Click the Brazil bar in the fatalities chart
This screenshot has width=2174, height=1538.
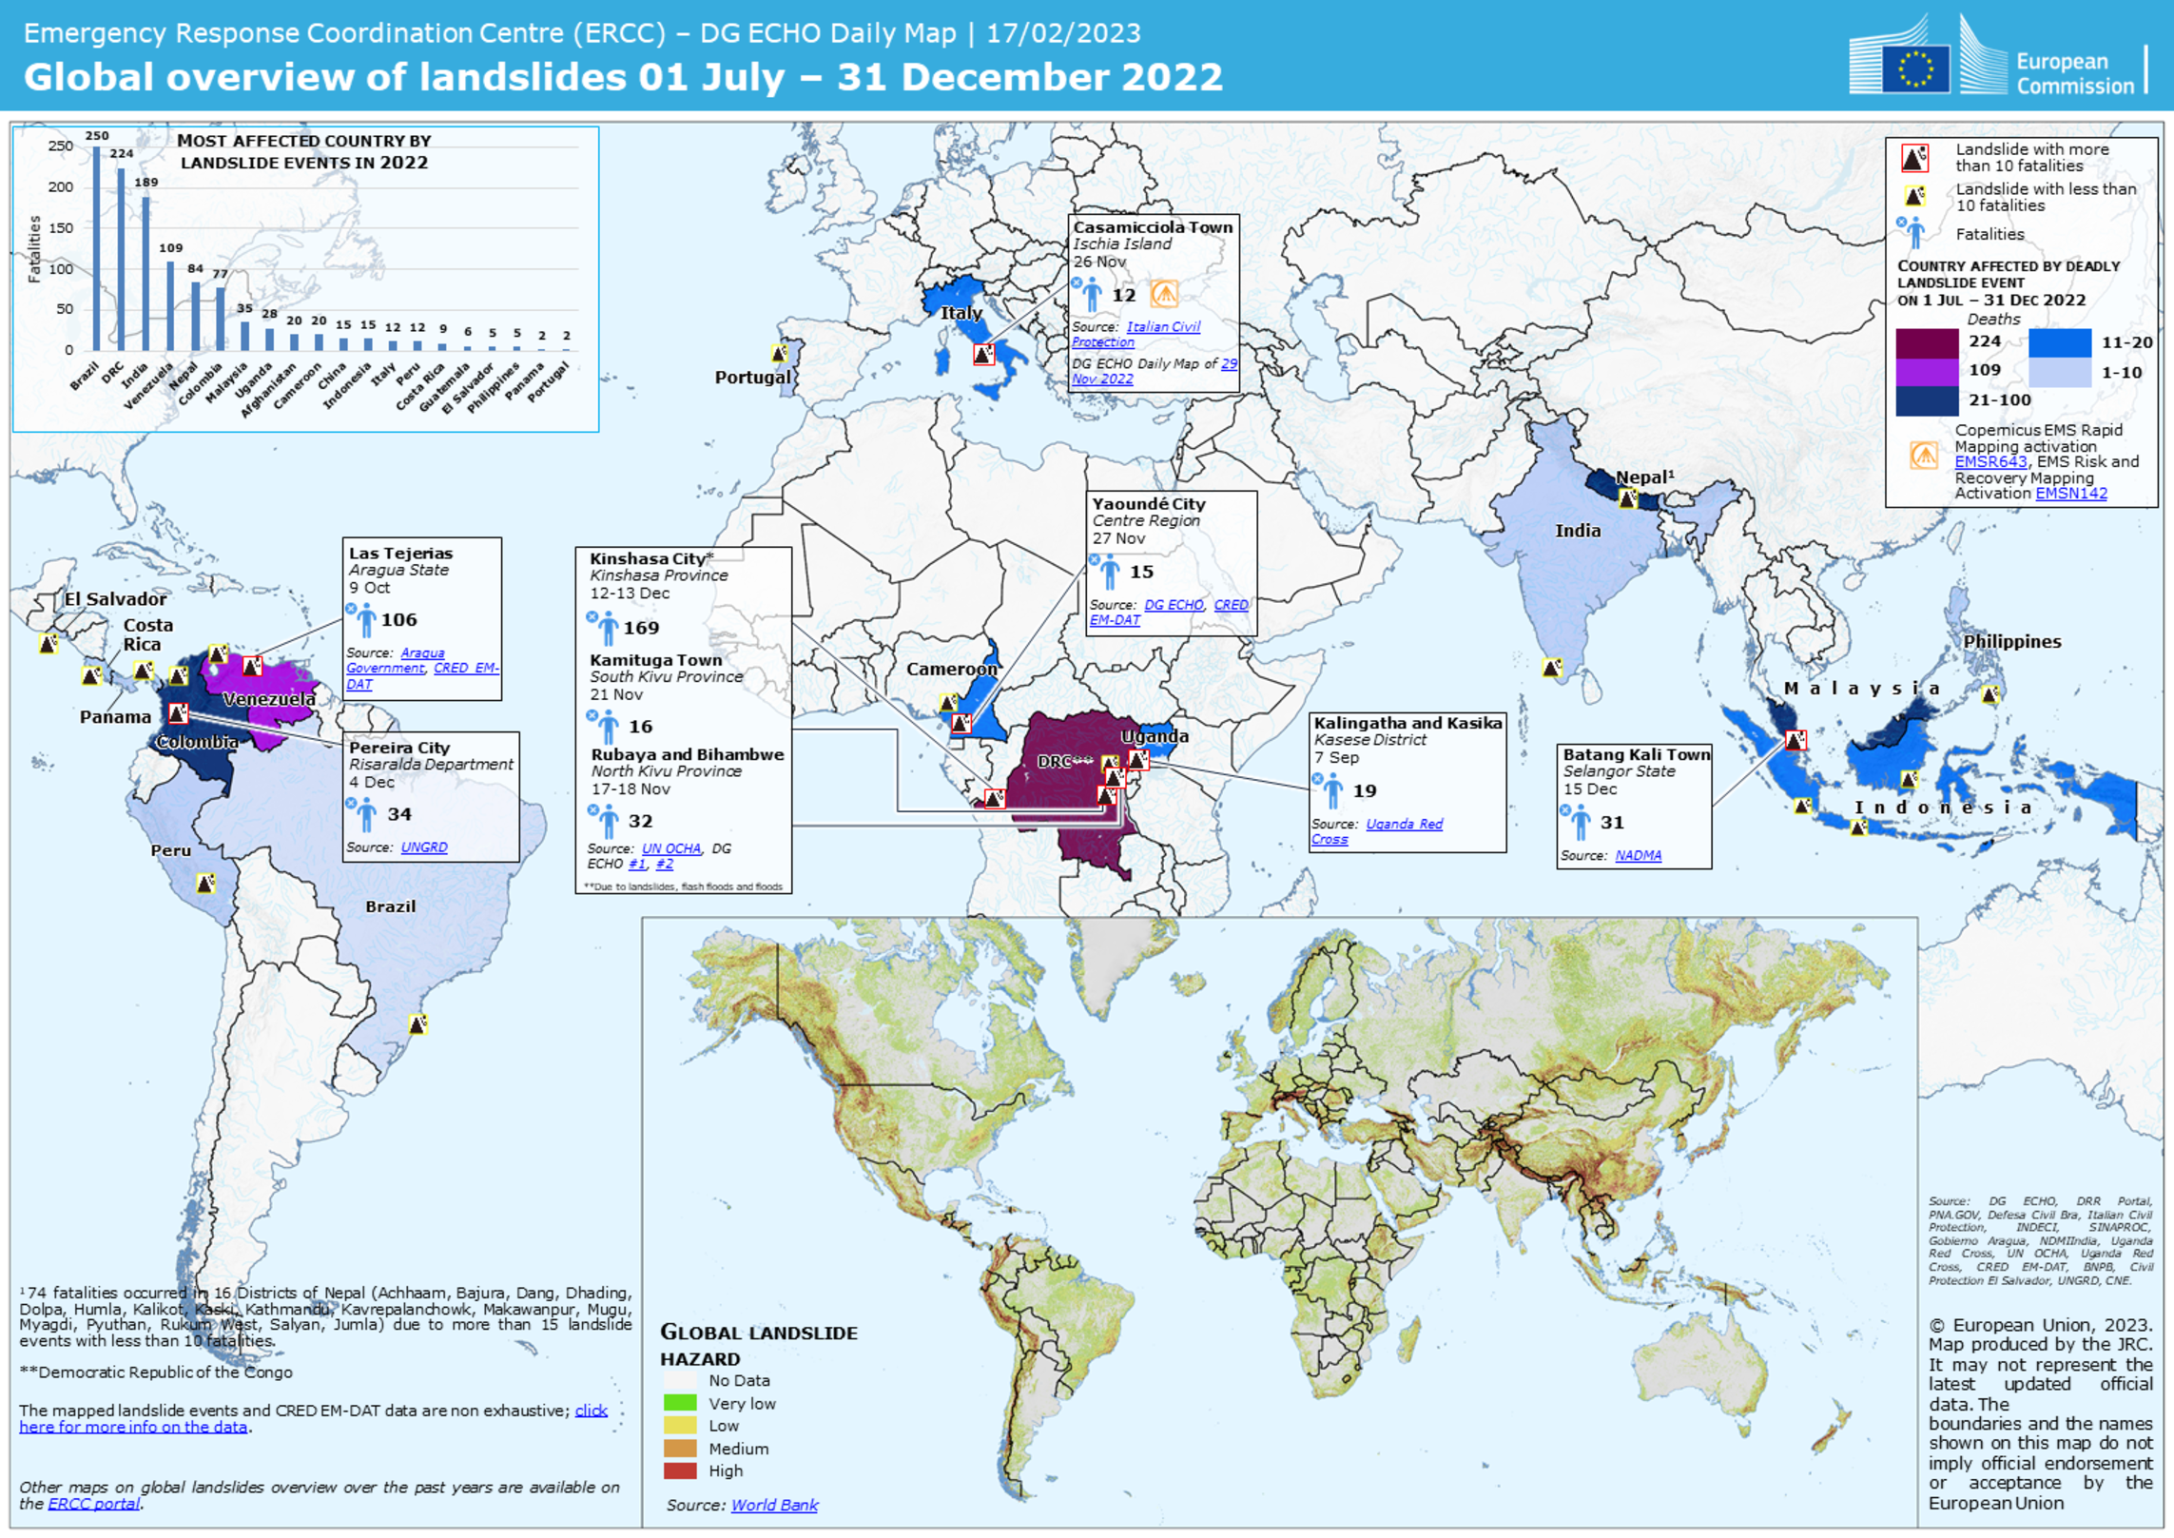pos(96,248)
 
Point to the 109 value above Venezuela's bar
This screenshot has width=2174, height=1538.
pos(171,247)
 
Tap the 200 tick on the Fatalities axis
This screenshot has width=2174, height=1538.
pos(61,186)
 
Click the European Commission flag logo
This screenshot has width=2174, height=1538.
pos(1914,68)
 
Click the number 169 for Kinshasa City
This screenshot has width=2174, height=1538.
pos(641,628)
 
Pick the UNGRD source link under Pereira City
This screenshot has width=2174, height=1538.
pos(423,847)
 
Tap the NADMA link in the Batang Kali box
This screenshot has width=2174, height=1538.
pos(1638,856)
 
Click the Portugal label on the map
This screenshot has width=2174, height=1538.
pos(752,377)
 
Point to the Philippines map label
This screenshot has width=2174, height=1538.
pos(2011,641)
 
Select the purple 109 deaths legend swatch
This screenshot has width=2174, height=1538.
pos(1926,371)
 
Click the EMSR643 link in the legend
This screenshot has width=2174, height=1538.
pos(1990,462)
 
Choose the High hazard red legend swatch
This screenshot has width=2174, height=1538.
pos(680,1470)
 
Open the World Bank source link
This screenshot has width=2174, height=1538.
pos(774,1505)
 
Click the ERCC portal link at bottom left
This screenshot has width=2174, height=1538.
pos(93,1504)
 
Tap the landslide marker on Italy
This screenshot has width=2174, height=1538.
pos(983,354)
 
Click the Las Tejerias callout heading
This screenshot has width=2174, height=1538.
pos(400,553)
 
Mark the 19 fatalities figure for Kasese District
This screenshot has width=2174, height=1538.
pos(1364,790)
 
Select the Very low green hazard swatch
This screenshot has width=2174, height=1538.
pos(680,1403)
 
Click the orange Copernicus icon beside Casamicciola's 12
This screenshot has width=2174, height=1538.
pos(1164,294)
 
